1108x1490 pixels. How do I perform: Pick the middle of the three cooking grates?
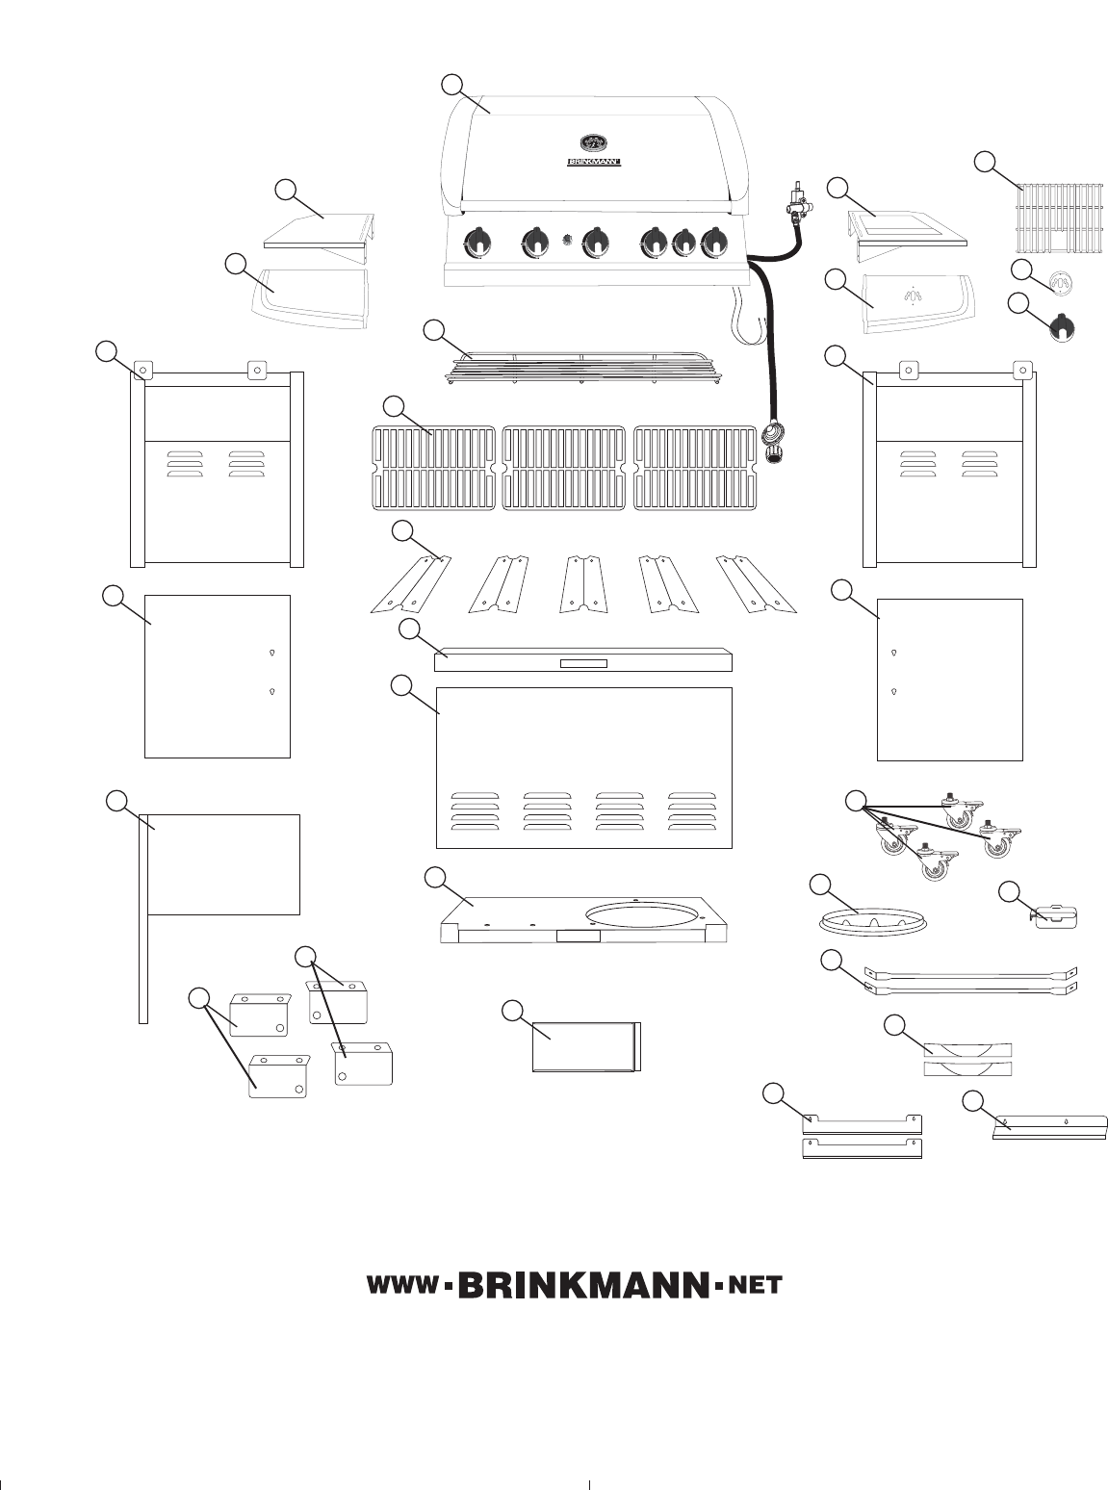pyautogui.click(x=564, y=467)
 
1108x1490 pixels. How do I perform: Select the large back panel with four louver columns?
pyautogui.click(x=583, y=767)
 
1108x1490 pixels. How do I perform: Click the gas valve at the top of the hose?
pyautogui.click(x=797, y=202)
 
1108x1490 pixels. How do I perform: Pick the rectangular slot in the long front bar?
pyautogui.click(x=583, y=663)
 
